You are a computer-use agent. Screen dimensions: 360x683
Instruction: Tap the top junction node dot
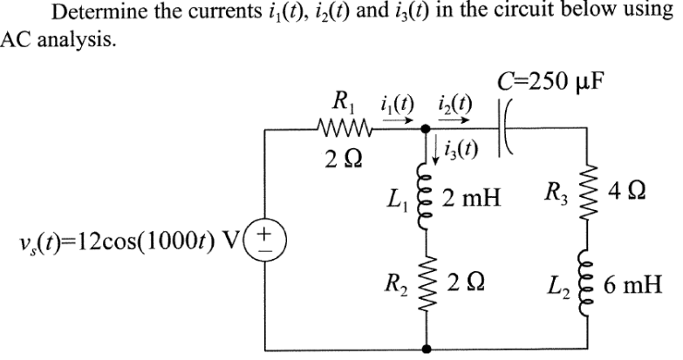pos(426,130)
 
